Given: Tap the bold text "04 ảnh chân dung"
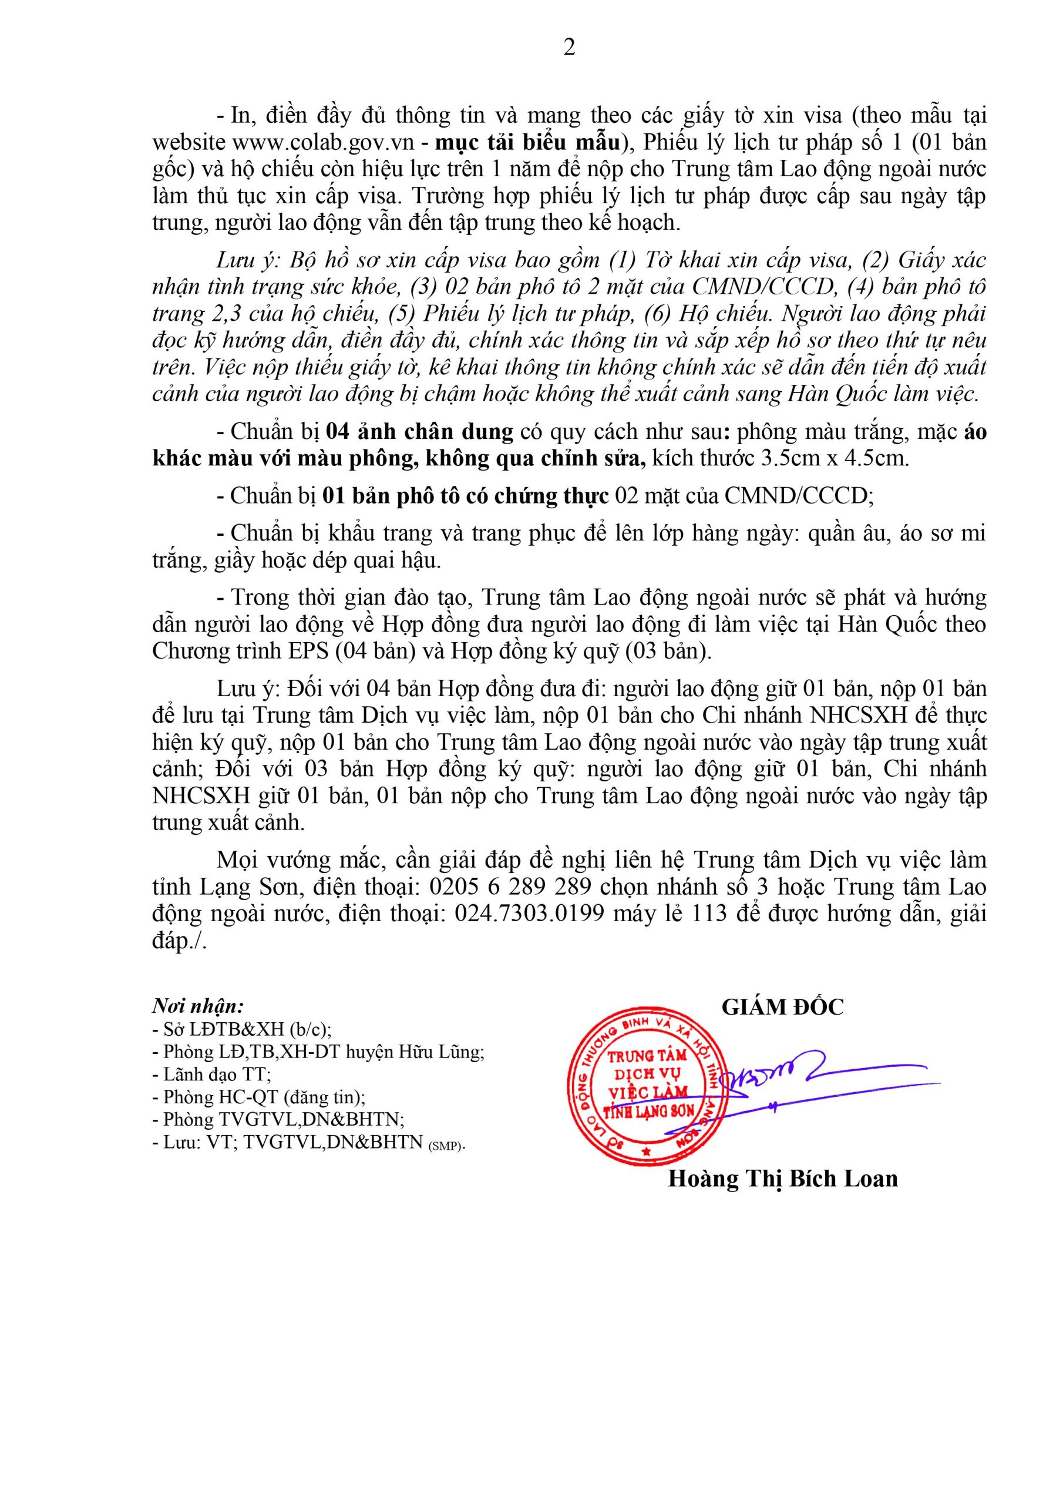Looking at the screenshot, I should click(x=419, y=432).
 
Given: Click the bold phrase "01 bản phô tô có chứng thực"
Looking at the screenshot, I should click(x=466, y=496).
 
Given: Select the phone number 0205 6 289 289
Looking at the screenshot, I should click(x=510, y=887).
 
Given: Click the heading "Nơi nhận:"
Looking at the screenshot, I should click(x=198, y=1005).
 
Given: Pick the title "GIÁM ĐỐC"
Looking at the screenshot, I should click(x=783, y=1007).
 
